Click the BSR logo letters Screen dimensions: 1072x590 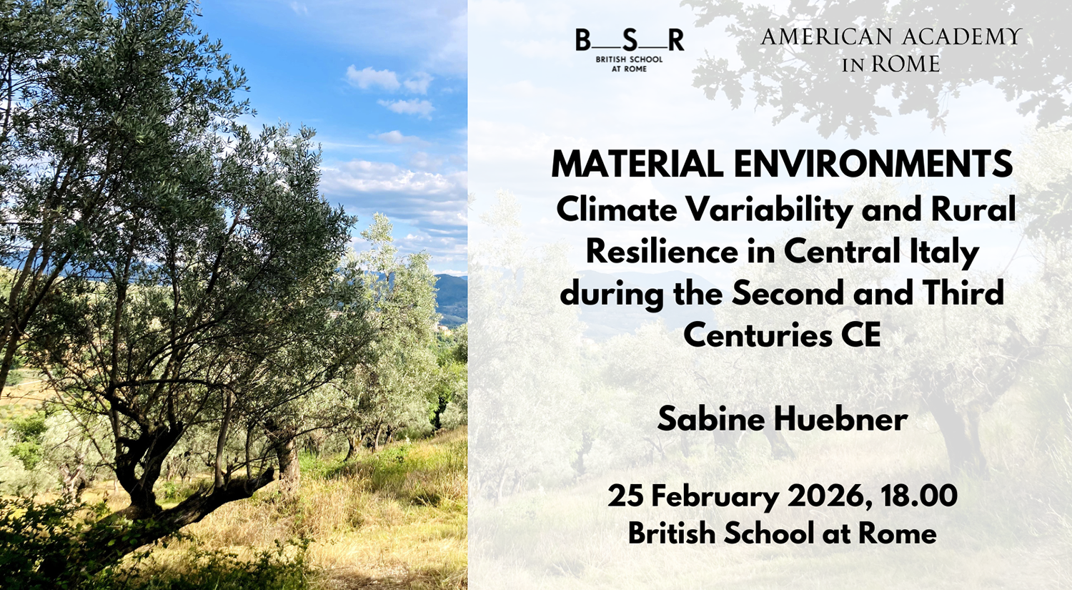[630, 40]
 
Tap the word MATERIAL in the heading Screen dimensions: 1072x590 [637, 164]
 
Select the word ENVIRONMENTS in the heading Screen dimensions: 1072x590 [873, 164]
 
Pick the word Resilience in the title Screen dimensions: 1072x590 [662, 252]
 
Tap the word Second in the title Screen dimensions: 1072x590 [788, 293]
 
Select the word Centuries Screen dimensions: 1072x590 [758, 335]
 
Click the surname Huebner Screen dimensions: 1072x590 [841, 419]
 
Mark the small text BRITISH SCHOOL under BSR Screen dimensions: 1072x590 [629, 60]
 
